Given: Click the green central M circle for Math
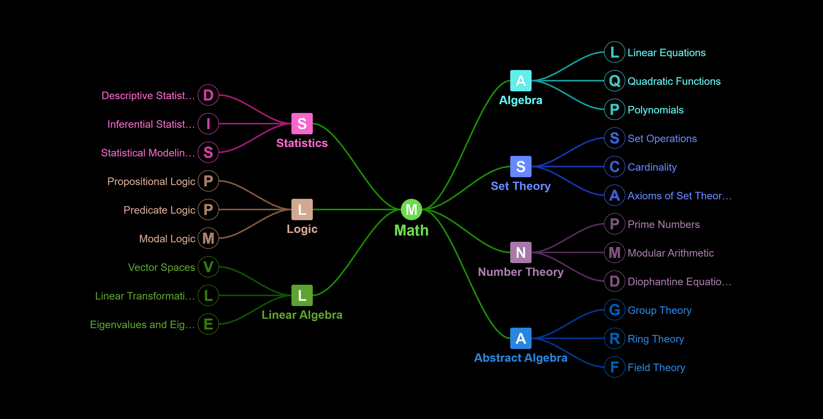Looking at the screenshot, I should tap(411, 209).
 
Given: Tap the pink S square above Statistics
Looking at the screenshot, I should tap(302, 124).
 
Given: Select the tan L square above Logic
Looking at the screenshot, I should tap(302, 209).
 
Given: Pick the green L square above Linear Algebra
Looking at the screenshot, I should tap(302, 295).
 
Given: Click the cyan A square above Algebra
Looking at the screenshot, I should tap(521, 81).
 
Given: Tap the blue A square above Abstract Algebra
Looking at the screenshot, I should tap(521, 338).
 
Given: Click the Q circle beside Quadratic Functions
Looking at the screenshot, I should tap(614, 81).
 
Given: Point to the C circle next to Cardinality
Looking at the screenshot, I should tap(614, 167).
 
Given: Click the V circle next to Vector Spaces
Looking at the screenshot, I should tap(208, 267).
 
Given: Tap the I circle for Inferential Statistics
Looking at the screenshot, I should tap(208, 124).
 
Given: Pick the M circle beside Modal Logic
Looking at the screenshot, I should tap(208, 238).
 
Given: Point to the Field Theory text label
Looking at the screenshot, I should tap(656, 367).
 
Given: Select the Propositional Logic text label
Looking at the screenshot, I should tap(151, 181).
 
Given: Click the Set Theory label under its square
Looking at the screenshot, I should tap(521, 186).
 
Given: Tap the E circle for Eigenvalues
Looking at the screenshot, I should tap(208, 324).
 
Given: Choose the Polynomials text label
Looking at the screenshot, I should tap(656, 110).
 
